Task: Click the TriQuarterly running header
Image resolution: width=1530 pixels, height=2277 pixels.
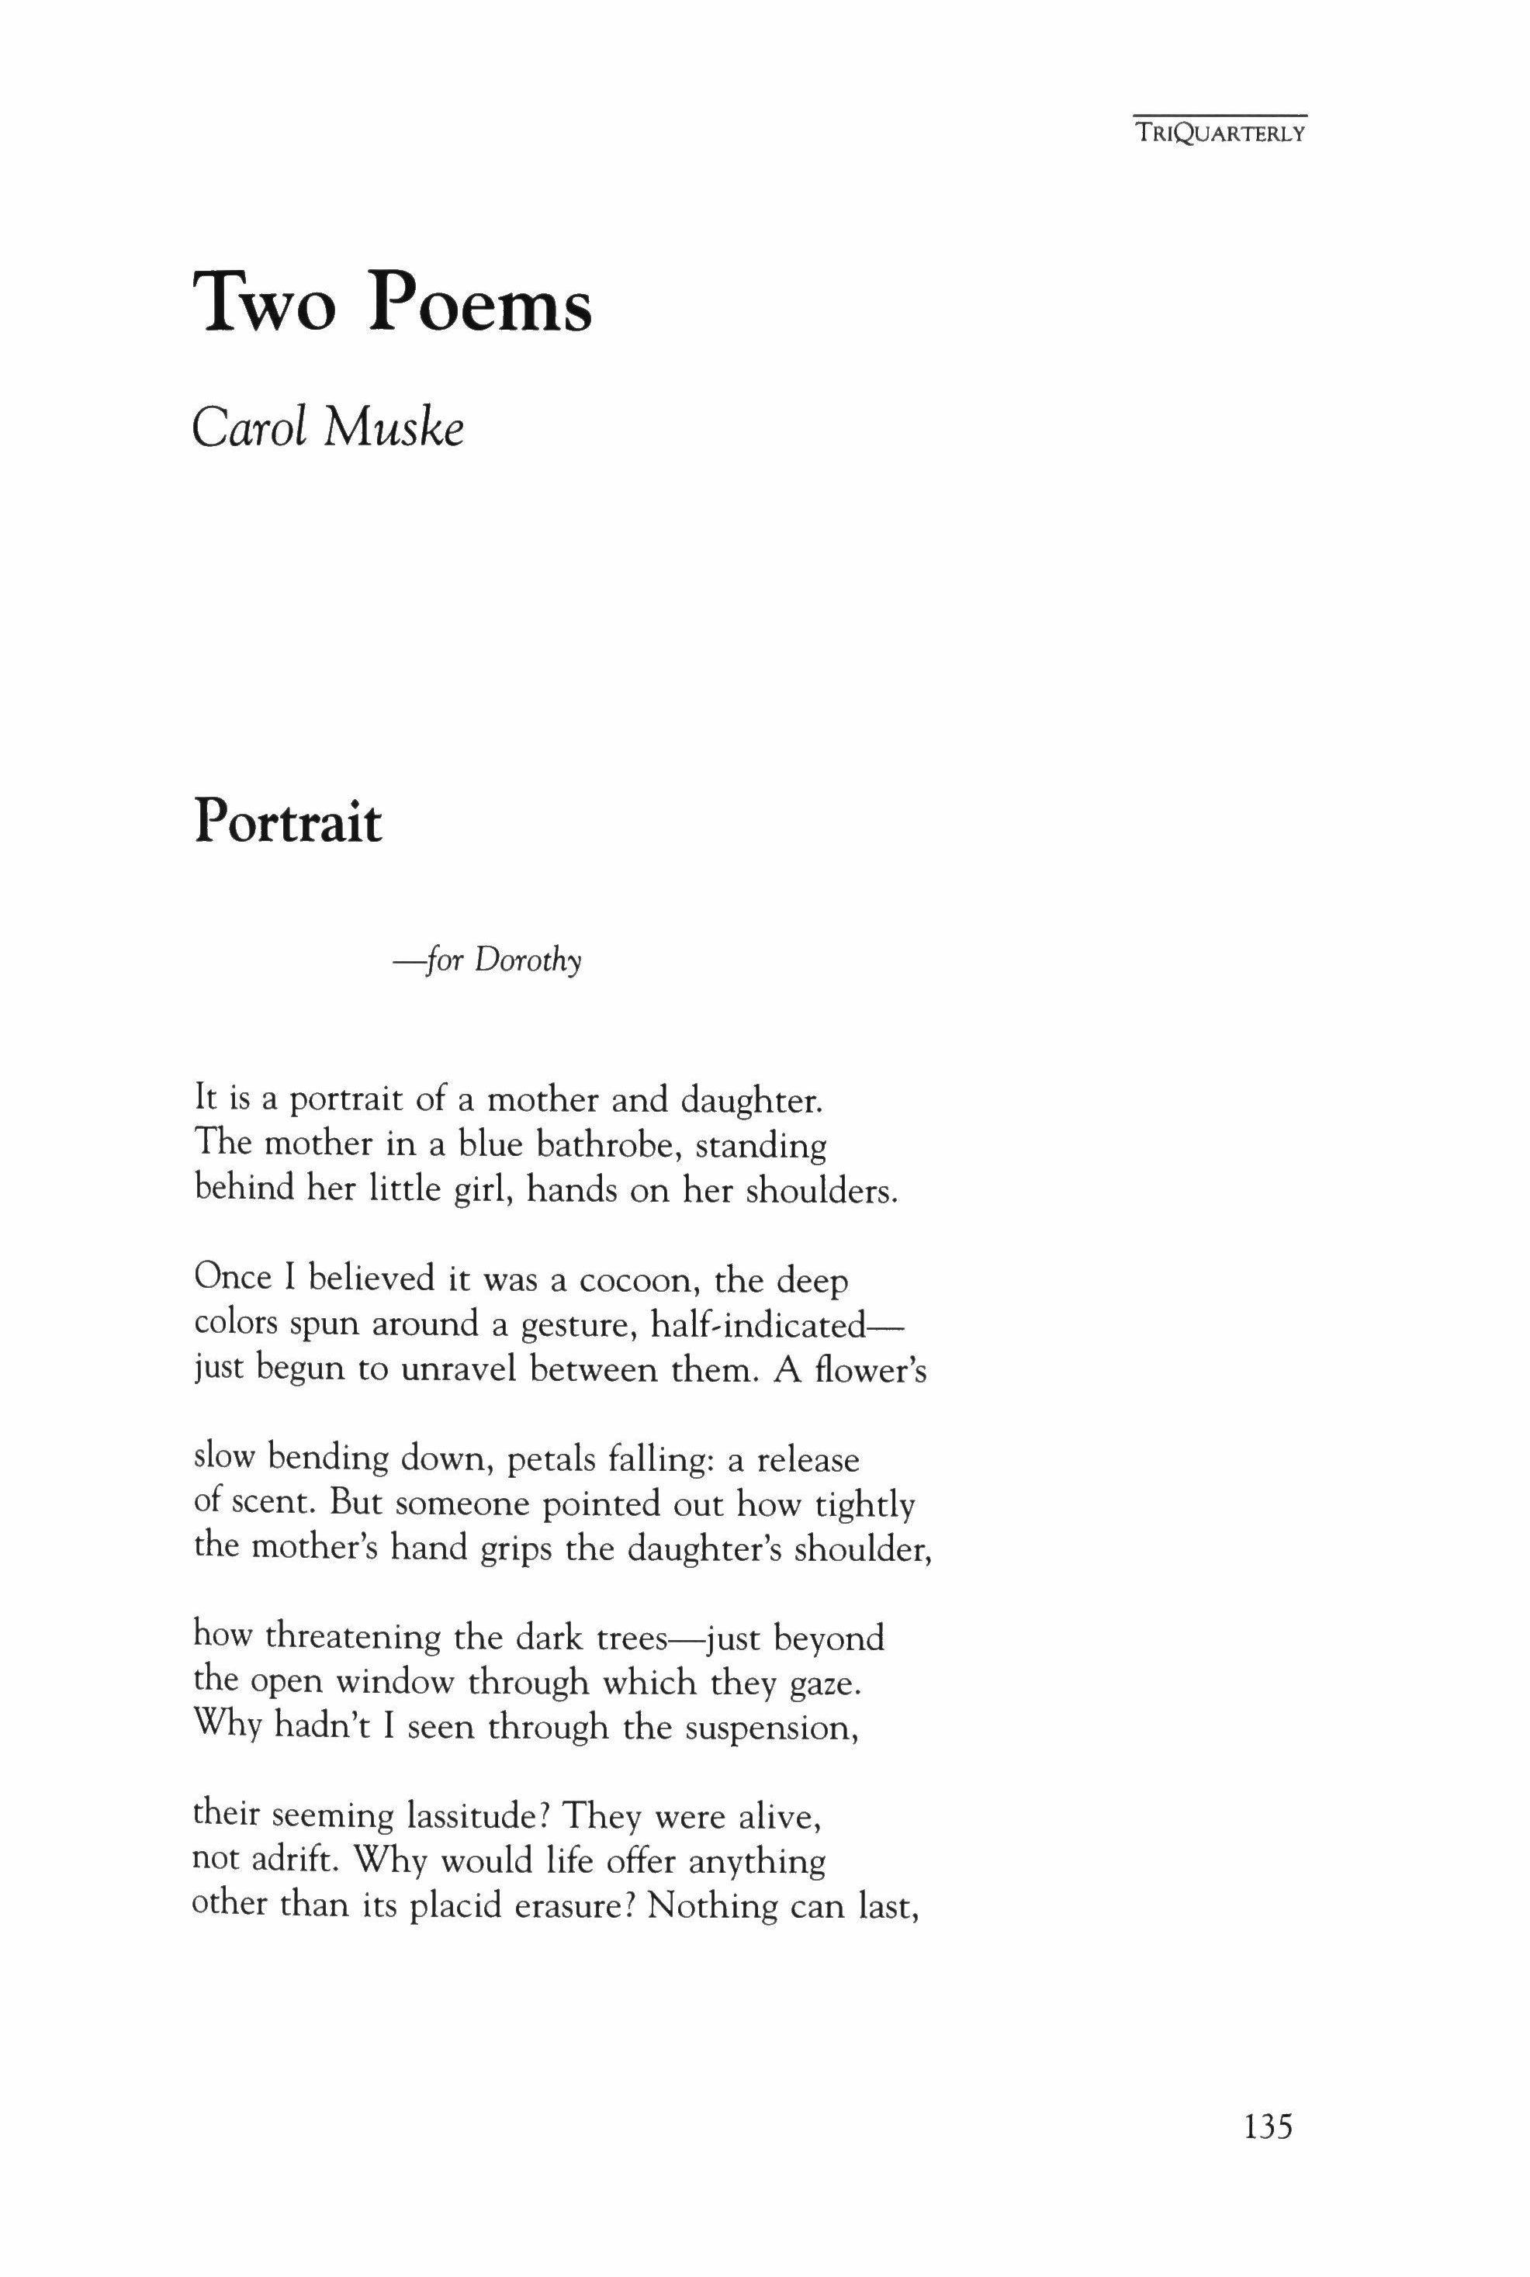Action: (x=1219, y=133)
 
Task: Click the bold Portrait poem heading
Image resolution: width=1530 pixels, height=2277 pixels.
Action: (x=288, y=822)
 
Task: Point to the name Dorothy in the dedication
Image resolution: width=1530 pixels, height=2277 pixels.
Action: (x=528, y=961)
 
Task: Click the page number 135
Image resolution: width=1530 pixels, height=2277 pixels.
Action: (x=1268, y=2152)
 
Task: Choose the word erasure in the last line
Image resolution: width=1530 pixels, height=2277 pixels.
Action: (x=576, y=1905)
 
